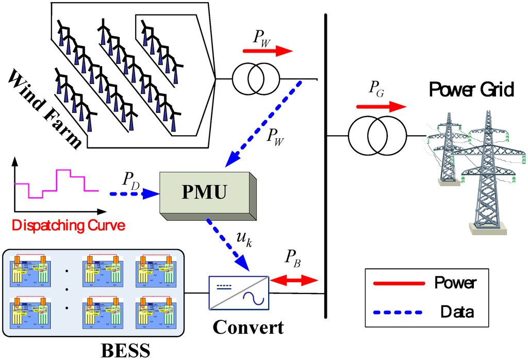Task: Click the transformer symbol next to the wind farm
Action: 256,79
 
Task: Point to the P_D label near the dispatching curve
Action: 131,180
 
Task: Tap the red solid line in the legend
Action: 399,283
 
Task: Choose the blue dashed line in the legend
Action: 399,312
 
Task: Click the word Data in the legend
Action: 456,312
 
